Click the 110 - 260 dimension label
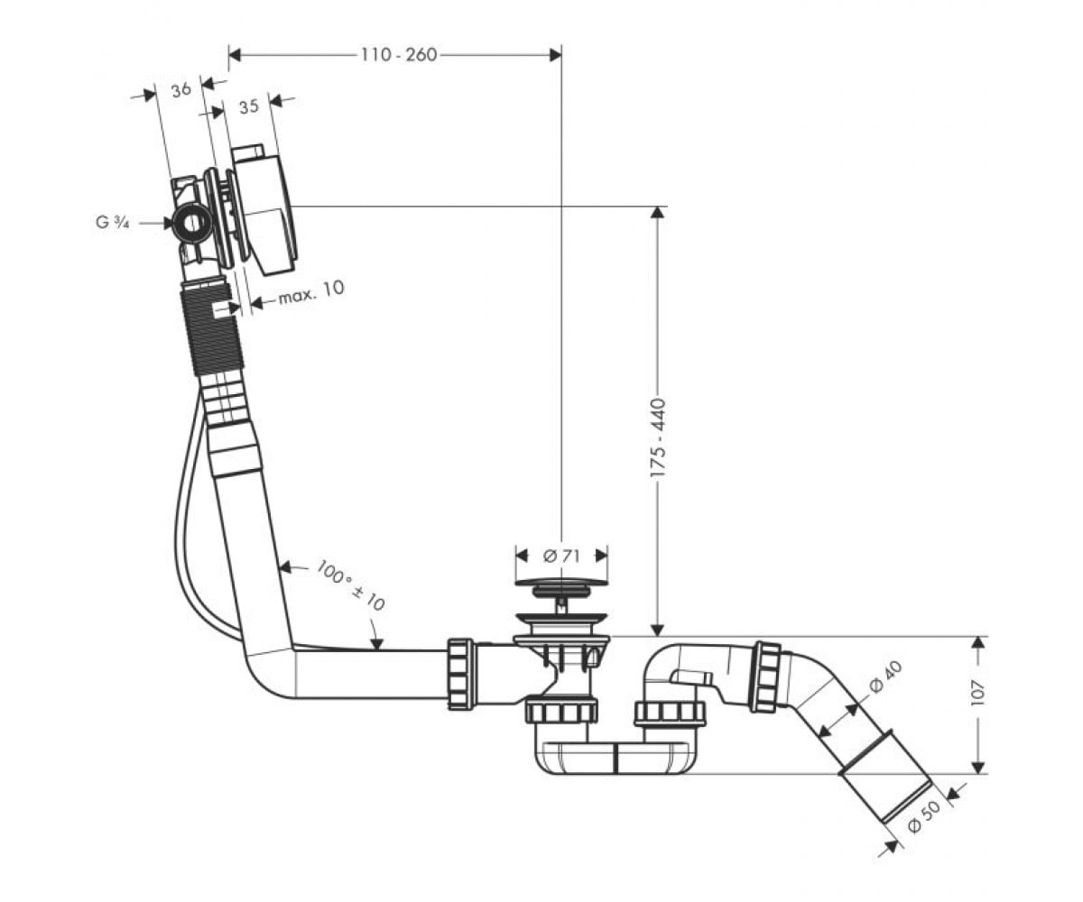(399, 54)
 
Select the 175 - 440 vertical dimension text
(658, 439)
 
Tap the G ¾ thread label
(113, 223)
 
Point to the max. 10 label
(311, 292)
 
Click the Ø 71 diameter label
(561, 556)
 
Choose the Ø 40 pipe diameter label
(885, 676)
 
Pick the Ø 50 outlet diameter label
(924, 816)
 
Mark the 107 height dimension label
(977, 692)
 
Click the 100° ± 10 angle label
(351, 585)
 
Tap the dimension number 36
(181, 89)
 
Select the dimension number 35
(248, 106)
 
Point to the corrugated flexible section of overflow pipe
(211, 331)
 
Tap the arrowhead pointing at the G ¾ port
(167, 223)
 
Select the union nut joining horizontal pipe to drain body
(460, 674)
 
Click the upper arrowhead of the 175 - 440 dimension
(658, 214)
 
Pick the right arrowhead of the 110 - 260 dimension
(554, 54)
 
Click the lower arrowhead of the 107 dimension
(977, 767)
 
